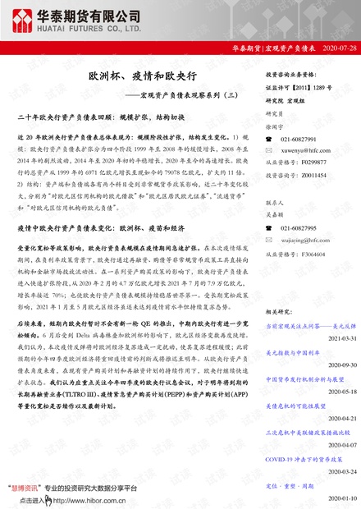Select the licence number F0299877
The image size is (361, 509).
pos(314,163)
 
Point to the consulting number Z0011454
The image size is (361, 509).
pos(314,175)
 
